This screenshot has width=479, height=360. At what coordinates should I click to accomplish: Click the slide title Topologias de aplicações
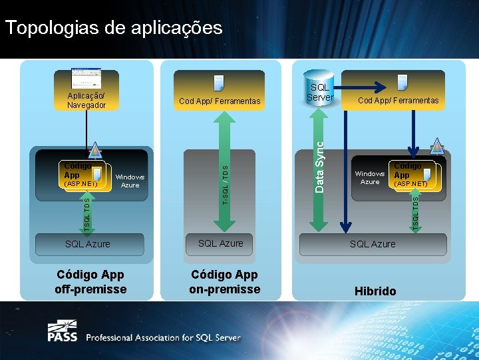113,28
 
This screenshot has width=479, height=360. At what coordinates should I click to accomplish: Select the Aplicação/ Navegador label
86,100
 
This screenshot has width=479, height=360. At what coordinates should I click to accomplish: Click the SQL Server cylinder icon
319,88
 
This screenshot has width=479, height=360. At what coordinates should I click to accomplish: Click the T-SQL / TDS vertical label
225,185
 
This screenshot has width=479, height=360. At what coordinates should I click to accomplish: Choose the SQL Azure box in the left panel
88,244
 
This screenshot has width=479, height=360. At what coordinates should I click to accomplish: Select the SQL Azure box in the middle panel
221,243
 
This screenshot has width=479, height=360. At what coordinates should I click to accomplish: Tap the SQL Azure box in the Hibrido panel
373,244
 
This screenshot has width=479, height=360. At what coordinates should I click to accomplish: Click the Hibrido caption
375,291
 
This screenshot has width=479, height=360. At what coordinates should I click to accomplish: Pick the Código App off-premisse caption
90,282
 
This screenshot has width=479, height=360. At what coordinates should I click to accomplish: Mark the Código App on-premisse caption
225,282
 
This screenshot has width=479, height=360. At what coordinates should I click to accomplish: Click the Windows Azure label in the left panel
130,181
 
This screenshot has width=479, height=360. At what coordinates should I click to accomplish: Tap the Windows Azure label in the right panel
369,177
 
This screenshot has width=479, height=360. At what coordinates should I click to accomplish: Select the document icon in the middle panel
219,83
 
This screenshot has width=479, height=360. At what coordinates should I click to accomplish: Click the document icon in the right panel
402,82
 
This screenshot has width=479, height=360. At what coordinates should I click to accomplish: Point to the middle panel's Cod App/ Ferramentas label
220,101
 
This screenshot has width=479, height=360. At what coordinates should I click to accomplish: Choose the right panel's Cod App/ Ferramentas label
399,101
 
